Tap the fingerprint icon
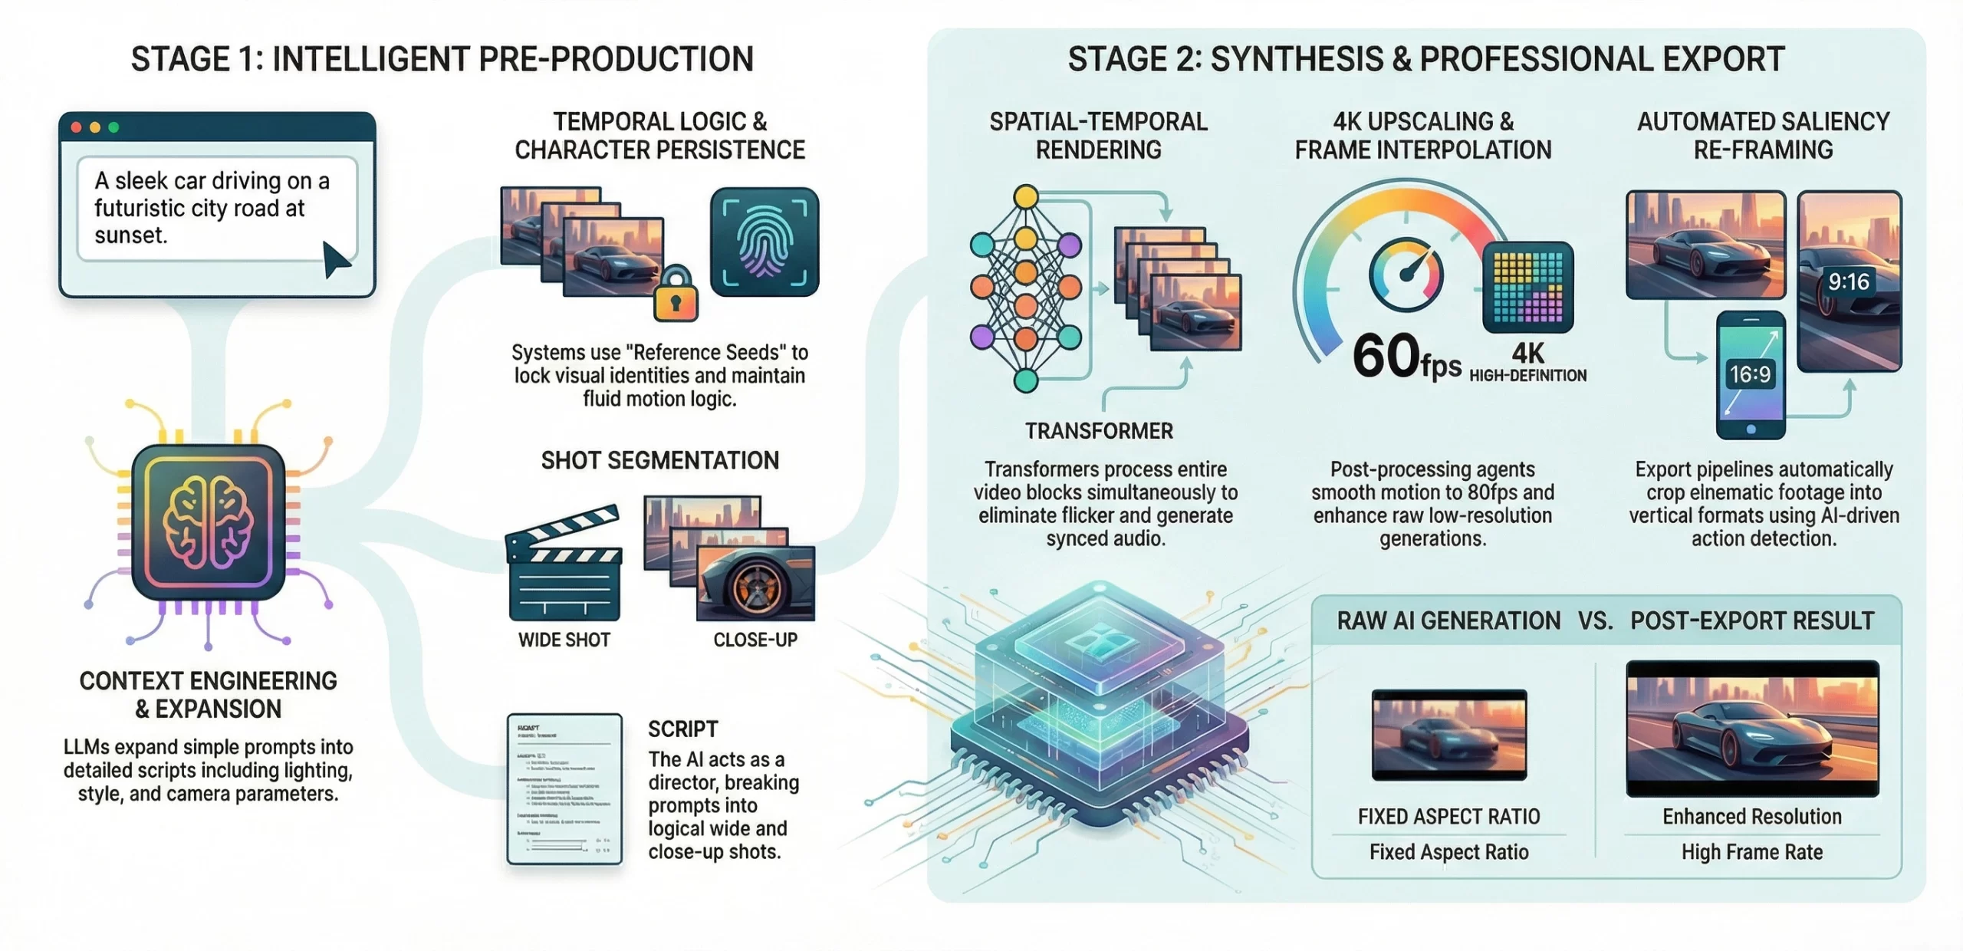pyautogui.click(x=764, y=242)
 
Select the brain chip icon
pyautogui.click(x=209, y=522)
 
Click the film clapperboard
pyautogui.click(x=564, y=564)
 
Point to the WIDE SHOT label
pyautogui.click(x=564, y=640)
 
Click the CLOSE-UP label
pyautogui.click(x=755, y=640)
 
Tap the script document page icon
pyautogui.click(x=564, y=788)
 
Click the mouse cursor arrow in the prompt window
pyautogui.click(x=334, y=259)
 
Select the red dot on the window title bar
pyautogui.click(x=77, y=127)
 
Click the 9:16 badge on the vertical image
pyautogui.click(x=1848, y=282)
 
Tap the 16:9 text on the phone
pyautogui.click(x=1751, y=374)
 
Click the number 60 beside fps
pyautogui.click(x=1386, y=356)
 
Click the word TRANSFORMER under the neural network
pyautogui.click(x=1099, y=431)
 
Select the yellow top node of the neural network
pyautogui.click(x=1026, y=197)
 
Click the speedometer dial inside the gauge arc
pyautogui.click(x=1406, y=275)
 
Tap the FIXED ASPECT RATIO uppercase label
pyautogui.click(x=1448, y=817)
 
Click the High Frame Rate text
pyautogui.click(x=1752, y=852)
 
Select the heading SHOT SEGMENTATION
pyautogui.click(x=660, y=460)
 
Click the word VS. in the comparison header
pyautogui.click(x=1596, y=620)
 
